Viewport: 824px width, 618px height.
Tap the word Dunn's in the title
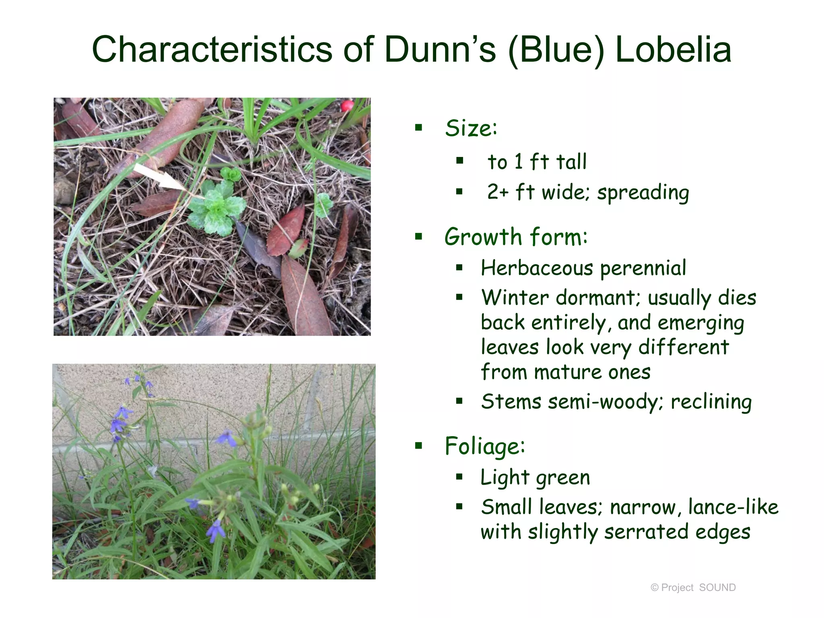[x=440, y=49]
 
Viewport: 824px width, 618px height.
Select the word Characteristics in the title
[x=212, y=49]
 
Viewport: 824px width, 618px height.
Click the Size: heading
[x=471, y=128]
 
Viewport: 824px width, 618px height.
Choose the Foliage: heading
[x=485, y=446]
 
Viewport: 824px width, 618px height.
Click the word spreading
[x=643, y=193]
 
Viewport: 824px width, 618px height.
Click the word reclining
[x=711, y=402]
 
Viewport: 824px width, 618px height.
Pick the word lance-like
[x=733, y=507]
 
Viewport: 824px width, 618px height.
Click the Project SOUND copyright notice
[x=693, y=587]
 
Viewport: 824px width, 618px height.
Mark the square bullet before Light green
[x=459, y=477]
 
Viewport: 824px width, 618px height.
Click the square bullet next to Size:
[x=419, y=128]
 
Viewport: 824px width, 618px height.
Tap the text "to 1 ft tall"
[x=537, y=162]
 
